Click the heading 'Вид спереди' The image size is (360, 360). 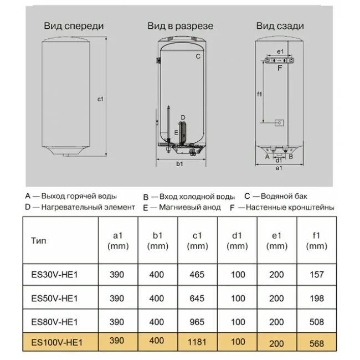point(74,26)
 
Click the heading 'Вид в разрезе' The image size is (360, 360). point(180,26)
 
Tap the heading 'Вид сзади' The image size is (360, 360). point(280,26)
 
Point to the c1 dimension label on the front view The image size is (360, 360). point(101,100)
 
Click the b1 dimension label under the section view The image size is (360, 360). point(179,163)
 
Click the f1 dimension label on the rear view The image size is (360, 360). point(259,94)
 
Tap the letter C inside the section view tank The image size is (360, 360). point(197,56)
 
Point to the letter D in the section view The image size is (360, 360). point(182,117)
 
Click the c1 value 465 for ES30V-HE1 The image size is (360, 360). point(197,274)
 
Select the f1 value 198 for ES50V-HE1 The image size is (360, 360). point(316,299)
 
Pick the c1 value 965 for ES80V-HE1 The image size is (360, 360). point(197,321)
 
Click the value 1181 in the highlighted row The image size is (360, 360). point(197,342)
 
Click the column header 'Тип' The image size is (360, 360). point(39,241)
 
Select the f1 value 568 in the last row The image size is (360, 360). point(316,343)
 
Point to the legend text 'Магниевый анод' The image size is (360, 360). point(189,207)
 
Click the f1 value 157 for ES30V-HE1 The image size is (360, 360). point(316,274)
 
